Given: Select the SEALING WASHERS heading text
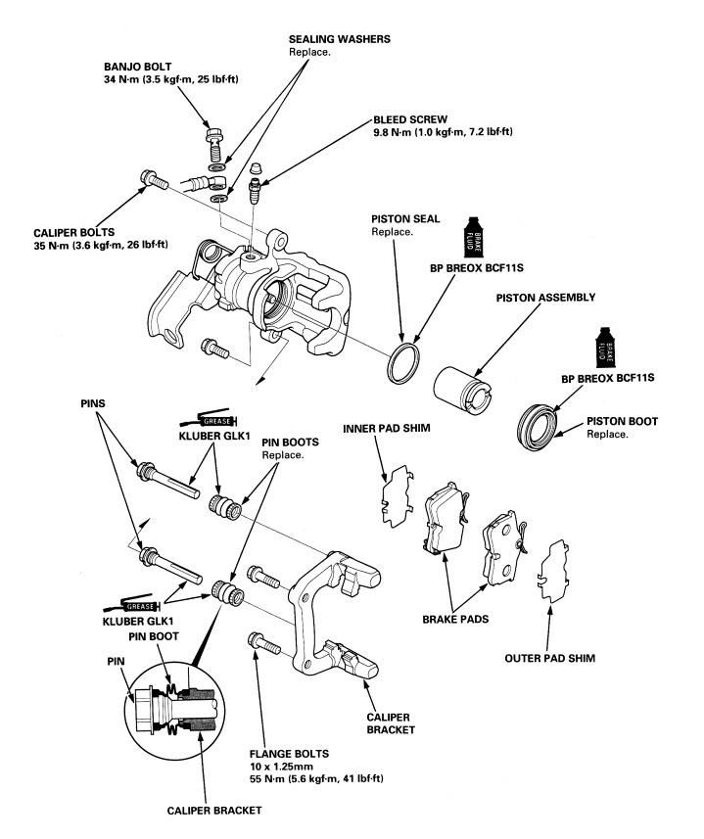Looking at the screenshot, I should [338, 38].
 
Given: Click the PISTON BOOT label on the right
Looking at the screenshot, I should [622, 421].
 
